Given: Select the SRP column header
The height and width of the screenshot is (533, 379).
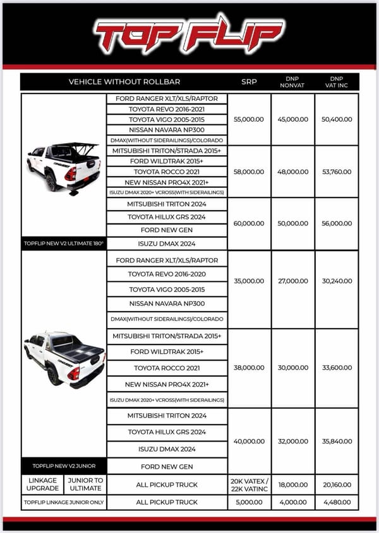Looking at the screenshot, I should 249,82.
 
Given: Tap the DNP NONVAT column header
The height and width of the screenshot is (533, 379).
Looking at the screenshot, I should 293,82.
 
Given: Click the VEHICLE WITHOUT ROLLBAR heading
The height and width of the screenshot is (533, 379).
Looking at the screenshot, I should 124,82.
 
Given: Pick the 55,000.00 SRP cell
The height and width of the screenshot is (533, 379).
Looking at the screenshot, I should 249,119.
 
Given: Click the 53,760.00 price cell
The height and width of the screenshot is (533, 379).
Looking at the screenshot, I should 337,172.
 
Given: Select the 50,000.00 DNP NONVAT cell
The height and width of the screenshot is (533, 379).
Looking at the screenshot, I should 293,223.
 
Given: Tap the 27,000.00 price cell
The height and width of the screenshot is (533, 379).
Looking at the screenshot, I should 293,281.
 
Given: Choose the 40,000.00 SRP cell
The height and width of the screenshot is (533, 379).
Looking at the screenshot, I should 249,442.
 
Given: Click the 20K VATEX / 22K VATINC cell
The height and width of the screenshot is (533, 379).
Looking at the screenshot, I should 249,484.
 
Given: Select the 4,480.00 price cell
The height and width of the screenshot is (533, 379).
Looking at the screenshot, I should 337,502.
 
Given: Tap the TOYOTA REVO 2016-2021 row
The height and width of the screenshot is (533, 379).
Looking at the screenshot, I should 167,109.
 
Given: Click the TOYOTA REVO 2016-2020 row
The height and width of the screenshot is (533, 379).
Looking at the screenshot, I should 167,274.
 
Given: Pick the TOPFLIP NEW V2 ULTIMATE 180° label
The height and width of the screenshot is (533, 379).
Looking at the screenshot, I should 64,243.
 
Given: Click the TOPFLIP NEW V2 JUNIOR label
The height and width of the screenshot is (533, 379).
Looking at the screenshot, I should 64,466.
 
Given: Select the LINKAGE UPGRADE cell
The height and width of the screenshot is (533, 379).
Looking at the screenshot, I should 42,484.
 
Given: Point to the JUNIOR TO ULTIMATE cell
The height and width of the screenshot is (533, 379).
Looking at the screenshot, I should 85,484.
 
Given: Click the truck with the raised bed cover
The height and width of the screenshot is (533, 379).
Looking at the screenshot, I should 63,167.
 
